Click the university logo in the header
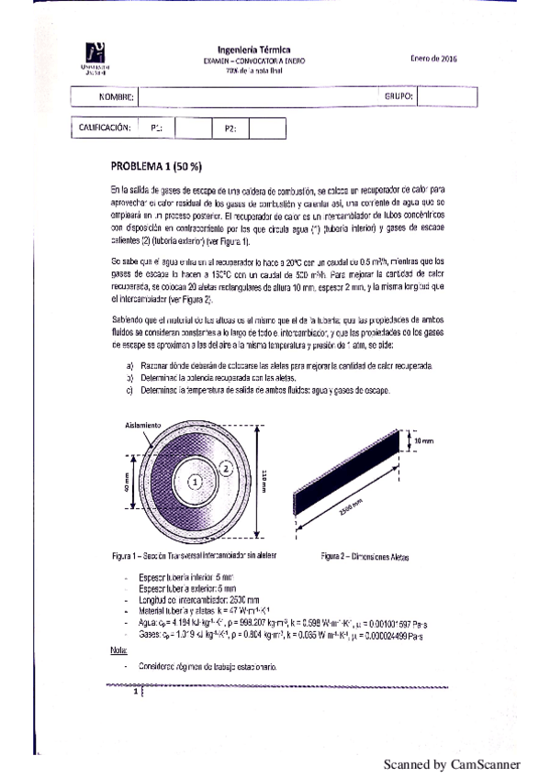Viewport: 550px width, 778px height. point(94,57)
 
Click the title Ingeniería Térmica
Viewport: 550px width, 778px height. point(253,50)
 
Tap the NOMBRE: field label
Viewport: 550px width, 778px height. point(117,96)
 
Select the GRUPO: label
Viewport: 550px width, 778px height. point(397,95)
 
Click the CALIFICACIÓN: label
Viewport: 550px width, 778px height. point(100,128)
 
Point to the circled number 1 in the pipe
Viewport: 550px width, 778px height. point(195,479)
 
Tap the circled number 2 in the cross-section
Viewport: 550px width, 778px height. point(224,467)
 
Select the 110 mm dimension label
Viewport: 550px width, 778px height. point(264,479)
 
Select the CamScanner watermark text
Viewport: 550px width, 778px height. point(451,763)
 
